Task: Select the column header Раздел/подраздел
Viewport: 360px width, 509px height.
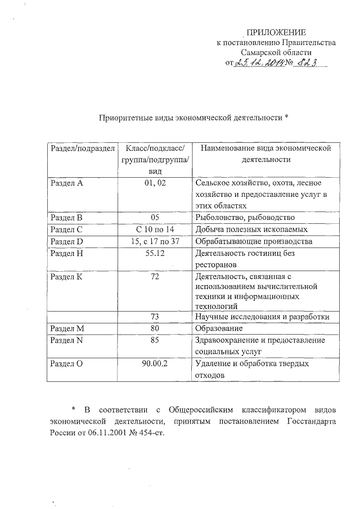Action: coord(82,148)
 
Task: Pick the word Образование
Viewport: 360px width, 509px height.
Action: coord(219,328)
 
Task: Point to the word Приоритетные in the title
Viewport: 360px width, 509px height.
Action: coord(122,119)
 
